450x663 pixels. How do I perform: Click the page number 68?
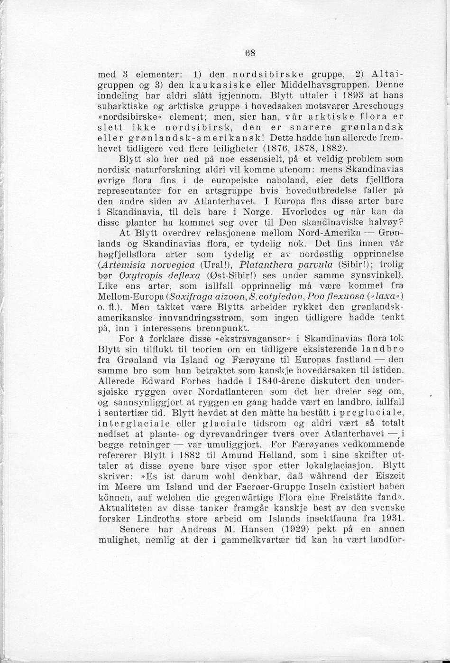click(250, 53)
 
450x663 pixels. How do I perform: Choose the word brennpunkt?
click(223, 328)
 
